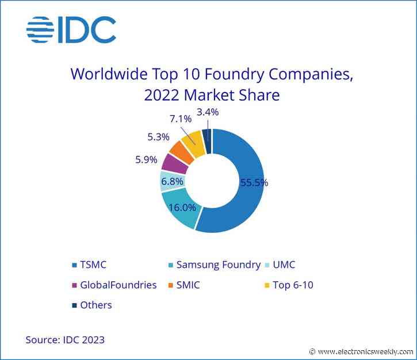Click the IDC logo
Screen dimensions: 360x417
(71, 30)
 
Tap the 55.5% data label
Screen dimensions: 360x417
(254, 182)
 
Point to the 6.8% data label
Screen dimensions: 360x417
(173, 182)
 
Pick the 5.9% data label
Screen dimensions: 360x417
(146, 160)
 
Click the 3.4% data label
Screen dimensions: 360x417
(207, 112)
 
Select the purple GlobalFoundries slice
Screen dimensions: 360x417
(175, 163)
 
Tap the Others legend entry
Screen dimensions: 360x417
(91, 305)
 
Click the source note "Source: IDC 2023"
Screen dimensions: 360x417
(65, 339)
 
